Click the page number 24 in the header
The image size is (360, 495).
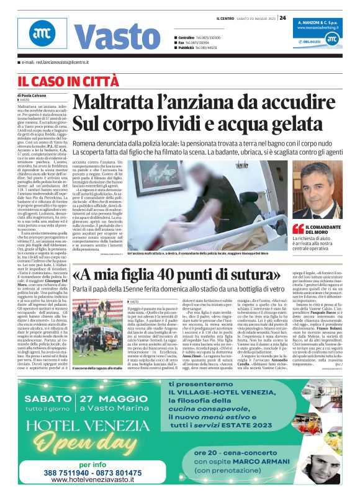coord(282,17)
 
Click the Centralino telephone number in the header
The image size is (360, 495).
coord(209,38)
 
